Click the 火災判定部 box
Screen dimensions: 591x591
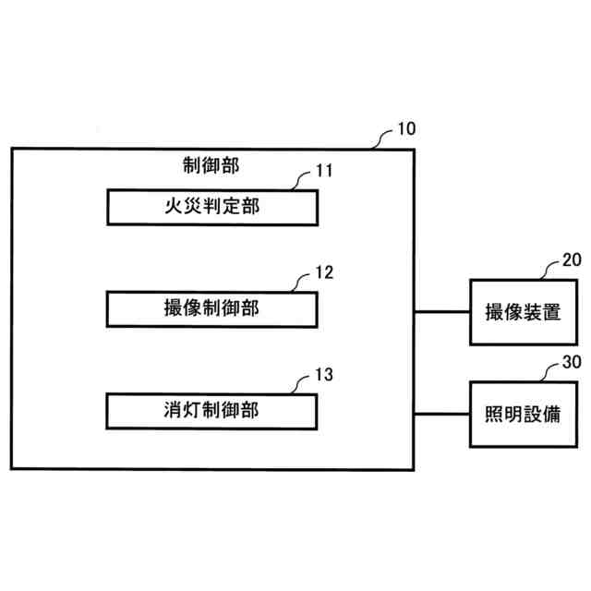pos(211,207)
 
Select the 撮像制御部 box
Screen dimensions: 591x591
pos(211,308)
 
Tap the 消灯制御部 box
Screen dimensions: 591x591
pos(211,410)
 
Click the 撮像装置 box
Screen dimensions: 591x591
pos(515,311)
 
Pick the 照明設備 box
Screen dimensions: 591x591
pos(515,413)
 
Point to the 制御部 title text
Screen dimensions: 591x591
pos(211,166)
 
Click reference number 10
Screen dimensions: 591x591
pos(405,128)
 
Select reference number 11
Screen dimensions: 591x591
pos(323,171)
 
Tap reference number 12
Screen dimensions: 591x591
pos(323,272)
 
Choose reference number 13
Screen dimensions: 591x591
pos(323,374)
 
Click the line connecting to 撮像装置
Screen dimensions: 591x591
pos(441,311)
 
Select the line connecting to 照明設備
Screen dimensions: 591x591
pos(441,413)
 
